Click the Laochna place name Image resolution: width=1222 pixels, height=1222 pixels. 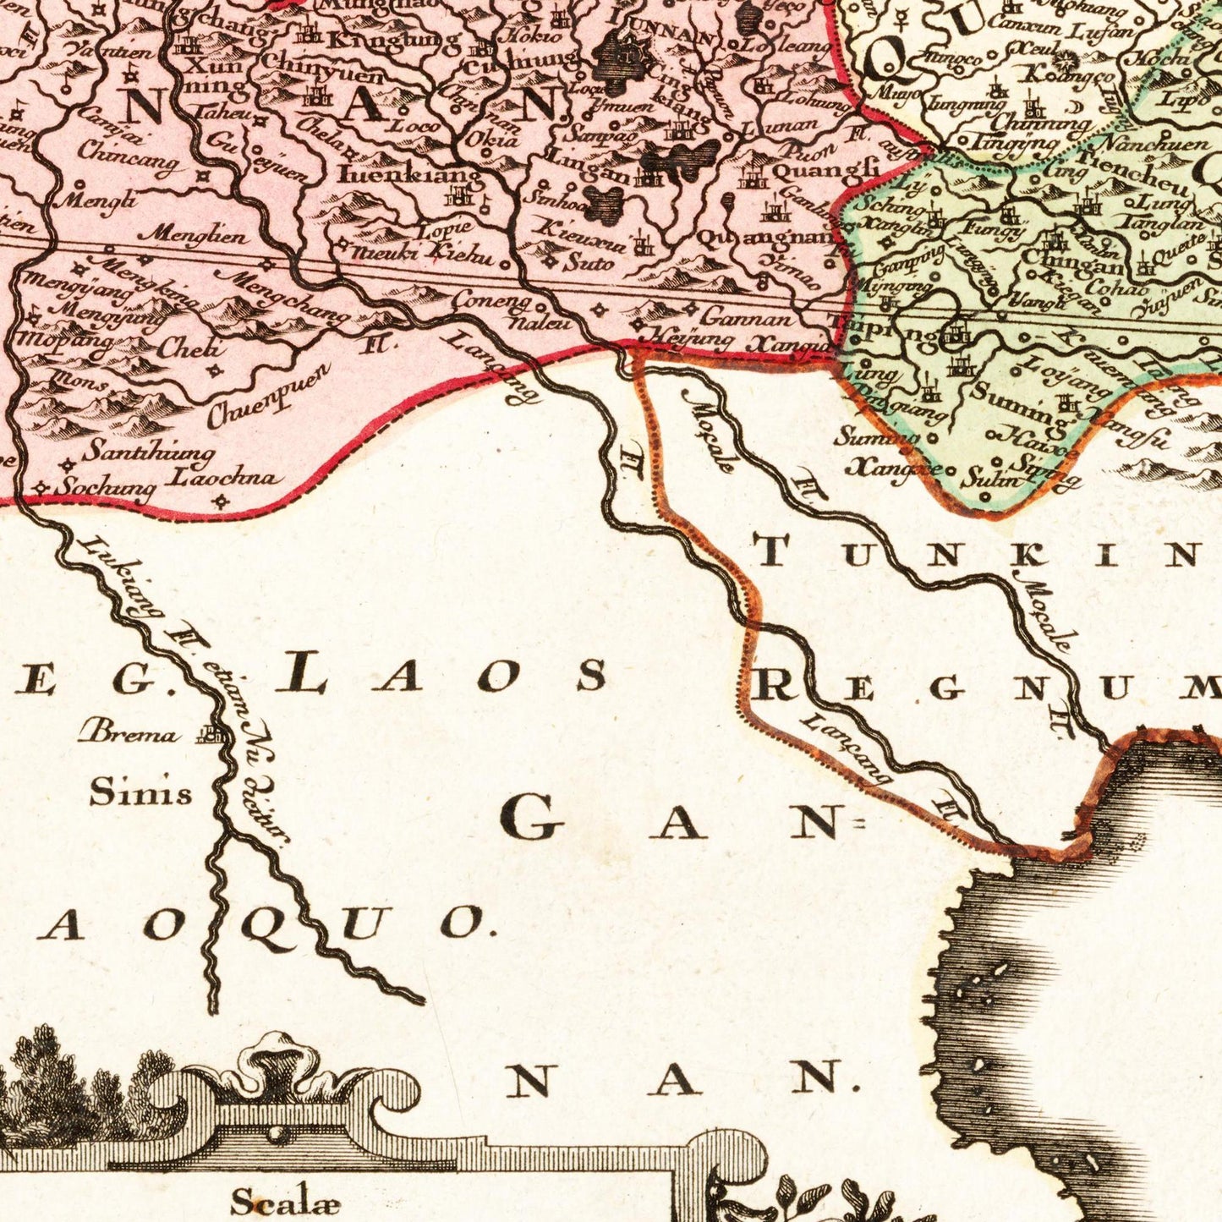(223, 479)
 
